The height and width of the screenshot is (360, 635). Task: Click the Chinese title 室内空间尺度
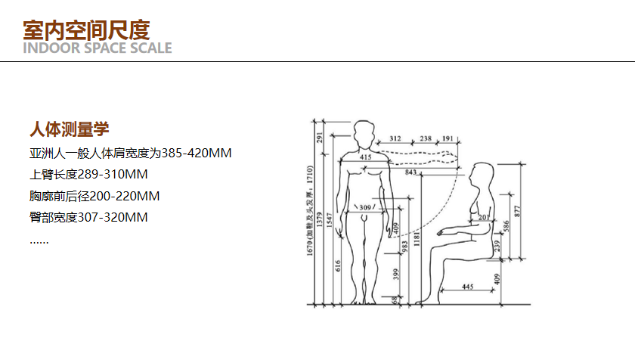86,30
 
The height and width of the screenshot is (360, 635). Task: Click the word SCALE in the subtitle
151,48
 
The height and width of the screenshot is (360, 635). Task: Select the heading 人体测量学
70,129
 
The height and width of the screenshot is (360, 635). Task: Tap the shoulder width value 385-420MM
197,153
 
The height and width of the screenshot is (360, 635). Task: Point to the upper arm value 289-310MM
112,175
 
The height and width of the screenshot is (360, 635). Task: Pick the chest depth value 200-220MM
124,196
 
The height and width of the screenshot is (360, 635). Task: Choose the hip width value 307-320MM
112,218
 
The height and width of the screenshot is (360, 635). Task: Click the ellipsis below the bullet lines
39,242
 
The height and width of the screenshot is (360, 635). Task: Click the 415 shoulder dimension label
366,157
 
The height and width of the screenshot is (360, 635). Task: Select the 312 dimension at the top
395,138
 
